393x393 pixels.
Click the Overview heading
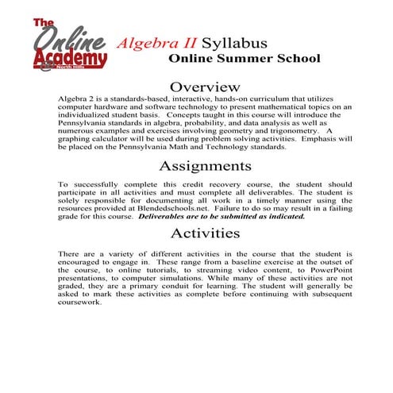(205, 85)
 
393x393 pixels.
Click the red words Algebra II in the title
(156, 41)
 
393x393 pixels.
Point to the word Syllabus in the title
(234, 41)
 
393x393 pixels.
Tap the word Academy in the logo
(70, 59)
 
